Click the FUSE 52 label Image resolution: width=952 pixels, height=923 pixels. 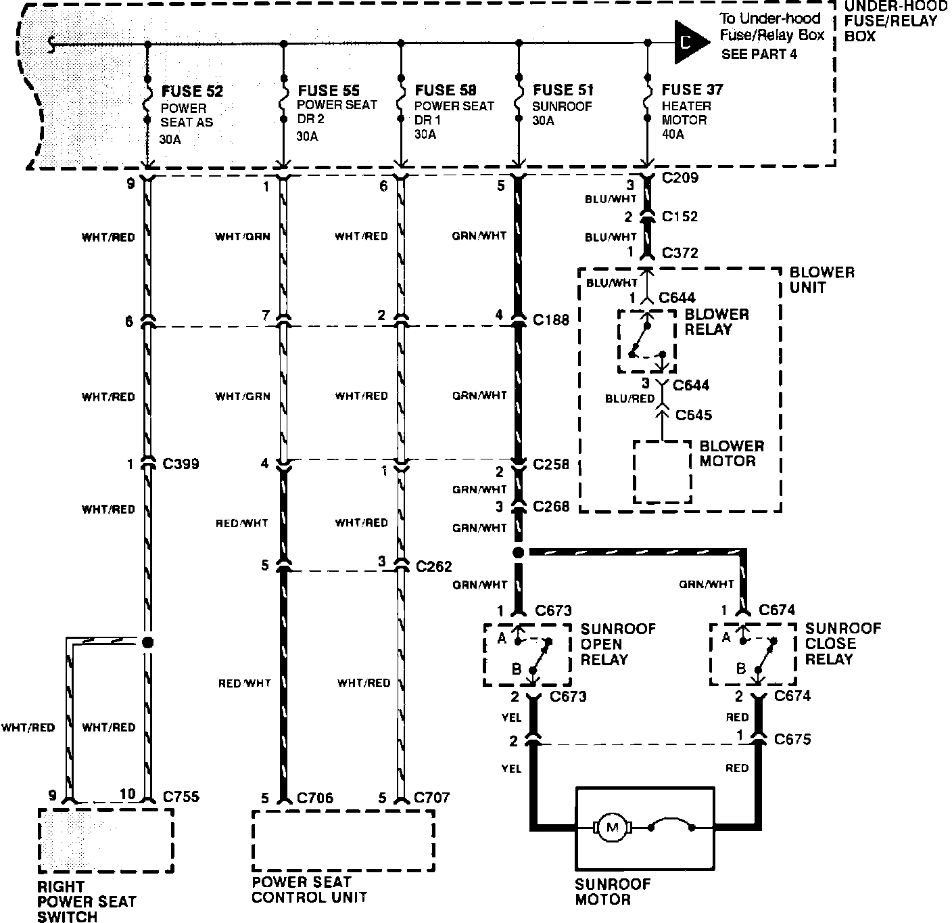click(x=192, y=91)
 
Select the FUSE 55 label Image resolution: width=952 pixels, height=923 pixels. click(x=329, y=91)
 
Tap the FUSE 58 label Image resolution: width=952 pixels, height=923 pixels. click(x=446, y=91)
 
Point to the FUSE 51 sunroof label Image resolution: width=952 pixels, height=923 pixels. click(x=563, y=91)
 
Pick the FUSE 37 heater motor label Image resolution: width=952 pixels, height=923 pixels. click(x=692, y=90)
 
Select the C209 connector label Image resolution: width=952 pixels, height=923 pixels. click(x=681, y=179)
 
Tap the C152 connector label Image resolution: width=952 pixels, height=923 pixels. click(x=680, y=217)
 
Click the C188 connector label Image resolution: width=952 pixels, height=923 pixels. click(x=551, y=319)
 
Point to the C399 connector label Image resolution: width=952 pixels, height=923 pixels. click(x=181, y=465)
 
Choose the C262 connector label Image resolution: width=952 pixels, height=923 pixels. click(x=434, y=566)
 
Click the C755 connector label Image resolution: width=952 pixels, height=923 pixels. click(x=181, y=796)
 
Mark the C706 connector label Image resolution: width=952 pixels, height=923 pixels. click(x=315, y=798)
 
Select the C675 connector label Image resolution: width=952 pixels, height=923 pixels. click(x=792, y=740)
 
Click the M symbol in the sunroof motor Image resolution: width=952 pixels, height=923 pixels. click(x=613, y=827)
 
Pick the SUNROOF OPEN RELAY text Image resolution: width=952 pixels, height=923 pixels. click(x=618, y=644)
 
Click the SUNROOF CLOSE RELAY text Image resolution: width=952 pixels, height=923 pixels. click(x=842, y=644)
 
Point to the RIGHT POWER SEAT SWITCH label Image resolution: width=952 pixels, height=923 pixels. click(x=87, y=901)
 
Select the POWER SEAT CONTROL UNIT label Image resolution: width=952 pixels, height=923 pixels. click(x=309, y=890)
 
